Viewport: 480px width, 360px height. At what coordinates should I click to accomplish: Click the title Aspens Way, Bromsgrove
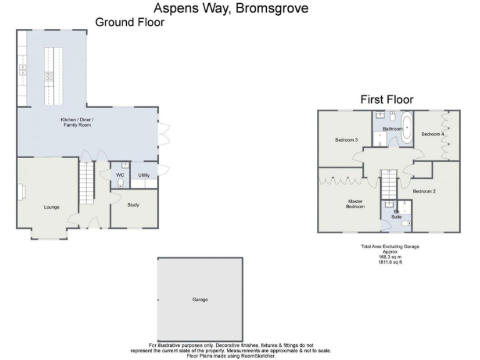coord(231,8)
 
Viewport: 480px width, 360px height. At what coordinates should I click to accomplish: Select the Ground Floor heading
coord(129,22)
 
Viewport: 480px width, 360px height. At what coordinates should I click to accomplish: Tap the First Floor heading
coord(386,99)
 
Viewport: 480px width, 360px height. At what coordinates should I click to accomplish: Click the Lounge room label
coord(51,207)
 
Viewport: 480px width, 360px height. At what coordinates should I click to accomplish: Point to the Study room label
coord(132,204)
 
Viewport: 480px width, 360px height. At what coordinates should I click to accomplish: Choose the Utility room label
coord(143,175)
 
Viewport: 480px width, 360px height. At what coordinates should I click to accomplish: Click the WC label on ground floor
coord(120,175)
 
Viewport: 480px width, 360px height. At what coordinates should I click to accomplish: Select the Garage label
coord(200,299)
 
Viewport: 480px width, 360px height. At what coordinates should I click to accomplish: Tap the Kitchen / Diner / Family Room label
coord(76,122)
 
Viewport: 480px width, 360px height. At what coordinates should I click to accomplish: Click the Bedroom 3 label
coord(346,140)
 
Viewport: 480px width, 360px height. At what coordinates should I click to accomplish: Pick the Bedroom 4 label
coord(432,134)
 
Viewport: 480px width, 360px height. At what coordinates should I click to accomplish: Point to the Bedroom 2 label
coord(424,191)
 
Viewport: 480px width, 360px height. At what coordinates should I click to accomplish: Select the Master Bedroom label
coord(356,204)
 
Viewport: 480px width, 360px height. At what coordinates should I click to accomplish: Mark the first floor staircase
coord(389,184)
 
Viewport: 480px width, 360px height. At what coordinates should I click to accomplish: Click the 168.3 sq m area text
coord(390,257)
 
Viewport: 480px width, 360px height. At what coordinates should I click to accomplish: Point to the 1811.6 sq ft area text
coord(390,262)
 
